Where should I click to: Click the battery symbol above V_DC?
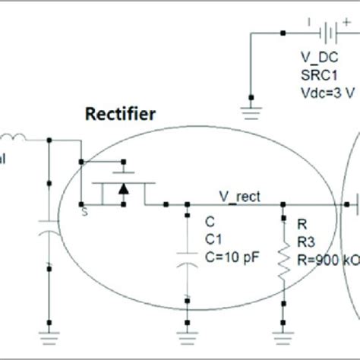click(x=329, y=33)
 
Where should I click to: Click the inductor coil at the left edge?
click(x=14, y=140)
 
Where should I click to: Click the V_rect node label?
click(x=242, y=197)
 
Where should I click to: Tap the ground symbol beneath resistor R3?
click(x=283, y=326)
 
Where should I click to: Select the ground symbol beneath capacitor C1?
click(x=186, y=326)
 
